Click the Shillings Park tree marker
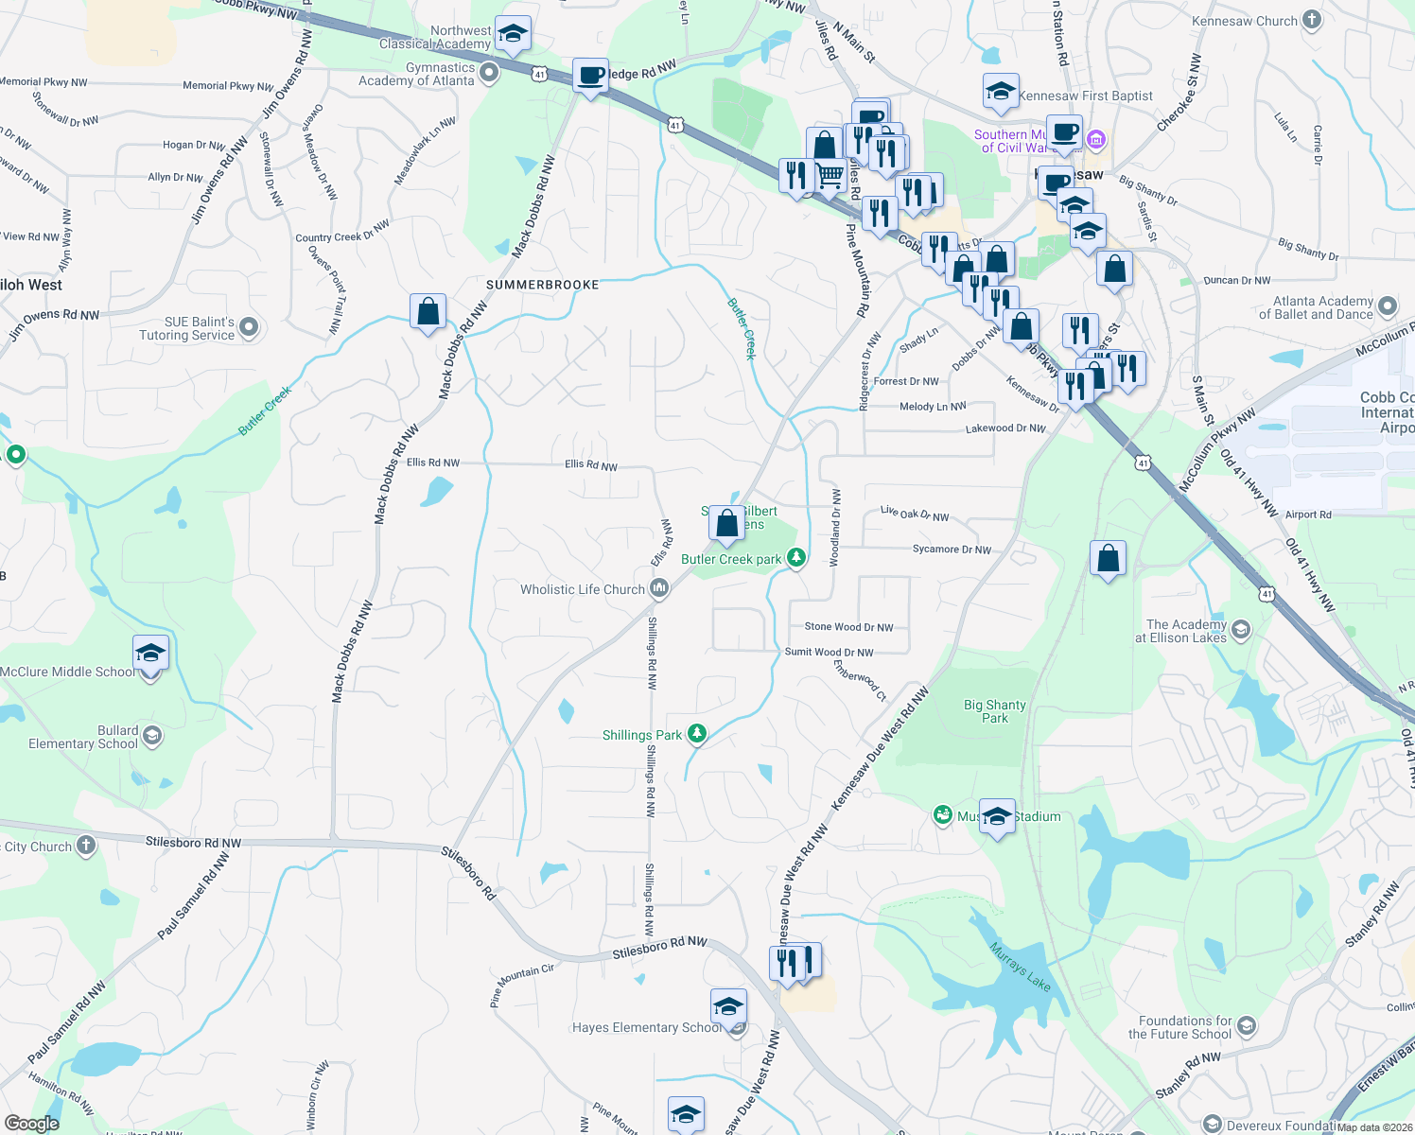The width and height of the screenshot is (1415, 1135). coord(697,734)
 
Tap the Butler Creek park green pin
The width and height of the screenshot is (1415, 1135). coord(796,558)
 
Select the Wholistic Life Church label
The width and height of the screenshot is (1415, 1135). coord(582,589)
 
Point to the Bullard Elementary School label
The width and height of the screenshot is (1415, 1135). coord(83,737)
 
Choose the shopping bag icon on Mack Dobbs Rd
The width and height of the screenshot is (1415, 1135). coord(428,312)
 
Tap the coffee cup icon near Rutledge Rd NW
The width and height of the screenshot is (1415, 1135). coord(591,76)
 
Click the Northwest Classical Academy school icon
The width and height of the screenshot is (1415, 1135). coord(513,35)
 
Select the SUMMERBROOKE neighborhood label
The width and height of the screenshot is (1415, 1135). coord(543,285)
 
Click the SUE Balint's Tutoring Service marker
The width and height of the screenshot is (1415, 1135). coord(249,327)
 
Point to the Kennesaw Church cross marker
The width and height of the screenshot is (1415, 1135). coord(1311,20)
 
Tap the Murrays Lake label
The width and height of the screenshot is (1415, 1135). coord(1020,966)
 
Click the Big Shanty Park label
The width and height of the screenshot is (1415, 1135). coord(995,711)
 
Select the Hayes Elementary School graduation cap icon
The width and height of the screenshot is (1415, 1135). coord(728,1006)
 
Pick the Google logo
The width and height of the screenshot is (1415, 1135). coord(31,1124)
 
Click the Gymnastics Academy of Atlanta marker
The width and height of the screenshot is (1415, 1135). coord(489,73)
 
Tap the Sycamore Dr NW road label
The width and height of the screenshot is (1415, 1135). coord(952,550)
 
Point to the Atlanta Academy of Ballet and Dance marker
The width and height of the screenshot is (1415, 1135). coord(1388,306)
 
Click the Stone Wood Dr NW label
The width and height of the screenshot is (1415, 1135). coord(848,627)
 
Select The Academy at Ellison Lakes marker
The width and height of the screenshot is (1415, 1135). coord(1241,629)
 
